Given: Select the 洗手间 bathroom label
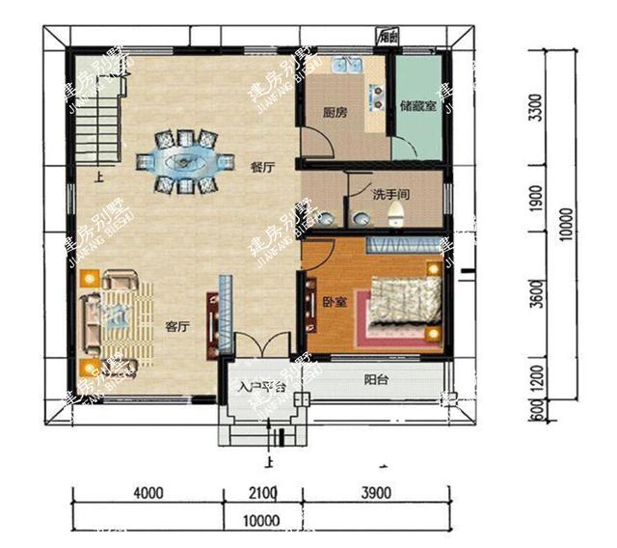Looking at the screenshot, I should (x=392, y=194).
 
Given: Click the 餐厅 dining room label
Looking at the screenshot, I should (x=262, y=167).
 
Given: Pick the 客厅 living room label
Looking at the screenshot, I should (x=176, y=326).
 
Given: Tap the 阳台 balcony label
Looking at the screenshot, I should (x=377, y=379).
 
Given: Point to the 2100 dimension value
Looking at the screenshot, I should (x=262, y=494).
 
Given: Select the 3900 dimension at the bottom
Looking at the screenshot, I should (x=376, y=494).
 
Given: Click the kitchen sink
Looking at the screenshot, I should (x=345, y=67).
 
